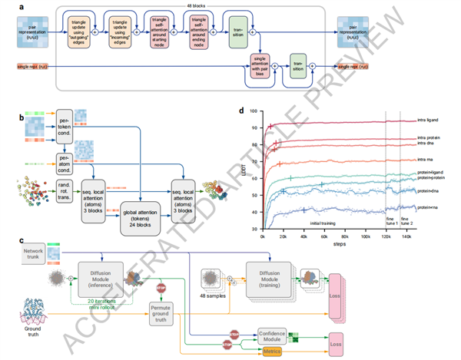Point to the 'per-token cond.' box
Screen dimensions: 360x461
[68, 125]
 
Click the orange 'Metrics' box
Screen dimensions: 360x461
[271, 352]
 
